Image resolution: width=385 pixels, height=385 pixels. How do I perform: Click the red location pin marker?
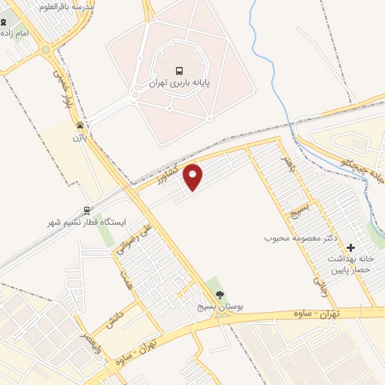coord(193,177)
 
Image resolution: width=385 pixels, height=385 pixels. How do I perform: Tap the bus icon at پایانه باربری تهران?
coord(178,69)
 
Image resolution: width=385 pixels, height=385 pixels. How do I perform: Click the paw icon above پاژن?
coord(80,126)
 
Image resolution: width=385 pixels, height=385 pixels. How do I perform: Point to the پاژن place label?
coord(80,138)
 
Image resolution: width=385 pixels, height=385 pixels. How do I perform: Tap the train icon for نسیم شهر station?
coord(86,211)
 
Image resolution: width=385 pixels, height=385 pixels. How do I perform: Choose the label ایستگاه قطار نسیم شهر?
coord(86,223)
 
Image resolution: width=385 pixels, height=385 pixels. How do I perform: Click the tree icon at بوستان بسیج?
coord(220,295)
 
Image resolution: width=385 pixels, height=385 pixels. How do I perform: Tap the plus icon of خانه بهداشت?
coord(350,247)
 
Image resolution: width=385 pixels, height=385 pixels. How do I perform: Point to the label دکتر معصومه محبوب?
coord(299,238)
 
